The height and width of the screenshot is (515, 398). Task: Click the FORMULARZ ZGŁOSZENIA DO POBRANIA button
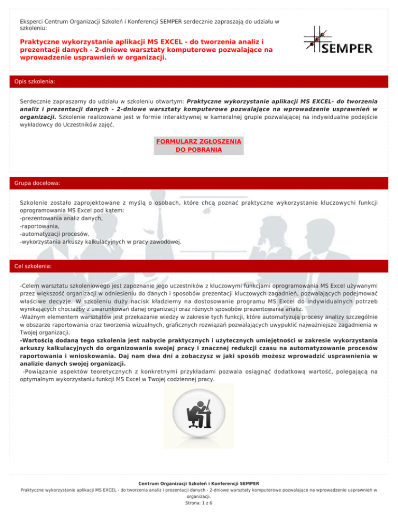coord(198,146)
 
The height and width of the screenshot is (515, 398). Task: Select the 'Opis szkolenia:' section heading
coord(35,82)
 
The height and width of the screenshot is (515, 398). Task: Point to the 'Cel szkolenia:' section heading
coord(36,266)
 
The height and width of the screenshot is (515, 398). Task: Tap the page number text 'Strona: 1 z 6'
coord(198,503)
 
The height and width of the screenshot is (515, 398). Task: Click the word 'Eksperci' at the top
coord(32,22)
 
